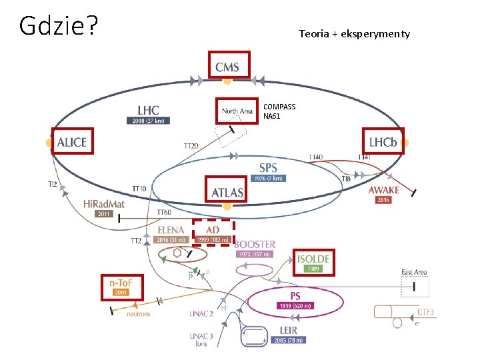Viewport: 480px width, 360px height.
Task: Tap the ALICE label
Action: (x=71, y=142)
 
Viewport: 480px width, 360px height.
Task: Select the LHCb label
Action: (x=383, y=142)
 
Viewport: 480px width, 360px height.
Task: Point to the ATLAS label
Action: (x=227, y=193)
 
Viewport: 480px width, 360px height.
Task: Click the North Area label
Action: (x=237, y=111)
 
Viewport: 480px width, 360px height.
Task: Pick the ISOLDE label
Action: (x=313, y=258)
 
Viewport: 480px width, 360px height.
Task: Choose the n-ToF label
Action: (x=121, y=283)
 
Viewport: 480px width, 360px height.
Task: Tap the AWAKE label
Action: (x=384, y=190)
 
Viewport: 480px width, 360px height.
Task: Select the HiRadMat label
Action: (x=104, y=204)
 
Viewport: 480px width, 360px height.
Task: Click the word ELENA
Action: (x=171, y=230)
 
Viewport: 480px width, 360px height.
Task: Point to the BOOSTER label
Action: (x=254, y=245)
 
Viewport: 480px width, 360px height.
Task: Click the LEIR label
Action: (x=289, y=330)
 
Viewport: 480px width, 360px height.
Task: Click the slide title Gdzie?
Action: (x=59, y=26)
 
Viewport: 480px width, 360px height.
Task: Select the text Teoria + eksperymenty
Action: (x=354, y=33)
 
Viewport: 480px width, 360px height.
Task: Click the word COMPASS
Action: (x=279, y=107)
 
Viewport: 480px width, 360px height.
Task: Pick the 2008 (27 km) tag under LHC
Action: (x=147, y=121)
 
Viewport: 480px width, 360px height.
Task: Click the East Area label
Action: (x=414, y=272)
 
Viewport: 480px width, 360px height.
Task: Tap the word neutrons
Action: (x=139, y=313)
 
